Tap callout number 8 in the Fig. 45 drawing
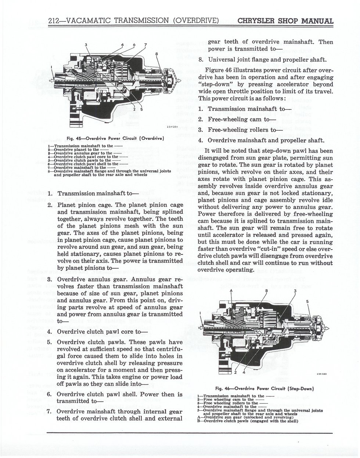pyautogui.click(x=156, y=54)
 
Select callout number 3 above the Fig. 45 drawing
pyautogui.click(x=86, y=45)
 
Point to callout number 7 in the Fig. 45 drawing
pyautogui.click(x=145, y=45)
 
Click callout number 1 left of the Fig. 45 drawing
pyautogui.click(x=51, y=67)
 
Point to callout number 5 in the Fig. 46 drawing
pyautogui.click(x=307, y=302)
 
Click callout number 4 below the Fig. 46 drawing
pyautogui.click(x=244, y=372)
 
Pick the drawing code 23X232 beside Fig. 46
pyautogui.click(x=322, y=374)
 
